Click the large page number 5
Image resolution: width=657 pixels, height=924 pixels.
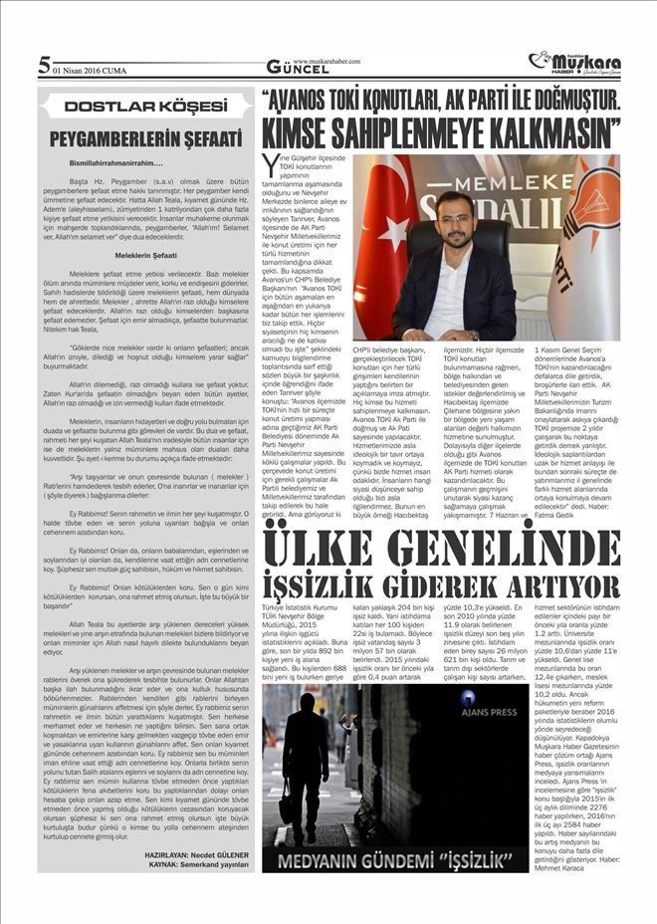[x=43, y=67]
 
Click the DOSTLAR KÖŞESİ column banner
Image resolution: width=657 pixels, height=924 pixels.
[x=142, y=107]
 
